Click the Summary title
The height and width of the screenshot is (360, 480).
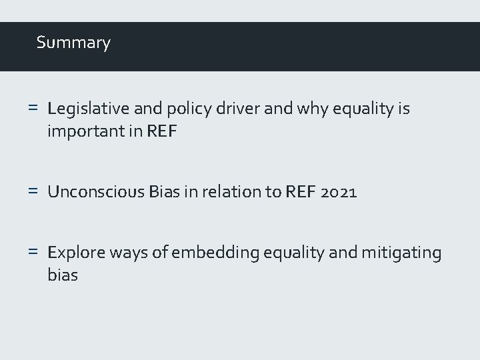[73, 43]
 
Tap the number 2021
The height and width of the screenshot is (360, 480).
[339, 193]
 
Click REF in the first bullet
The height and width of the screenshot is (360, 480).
[163, 131]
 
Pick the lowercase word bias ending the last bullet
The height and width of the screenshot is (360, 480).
[63, 275]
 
